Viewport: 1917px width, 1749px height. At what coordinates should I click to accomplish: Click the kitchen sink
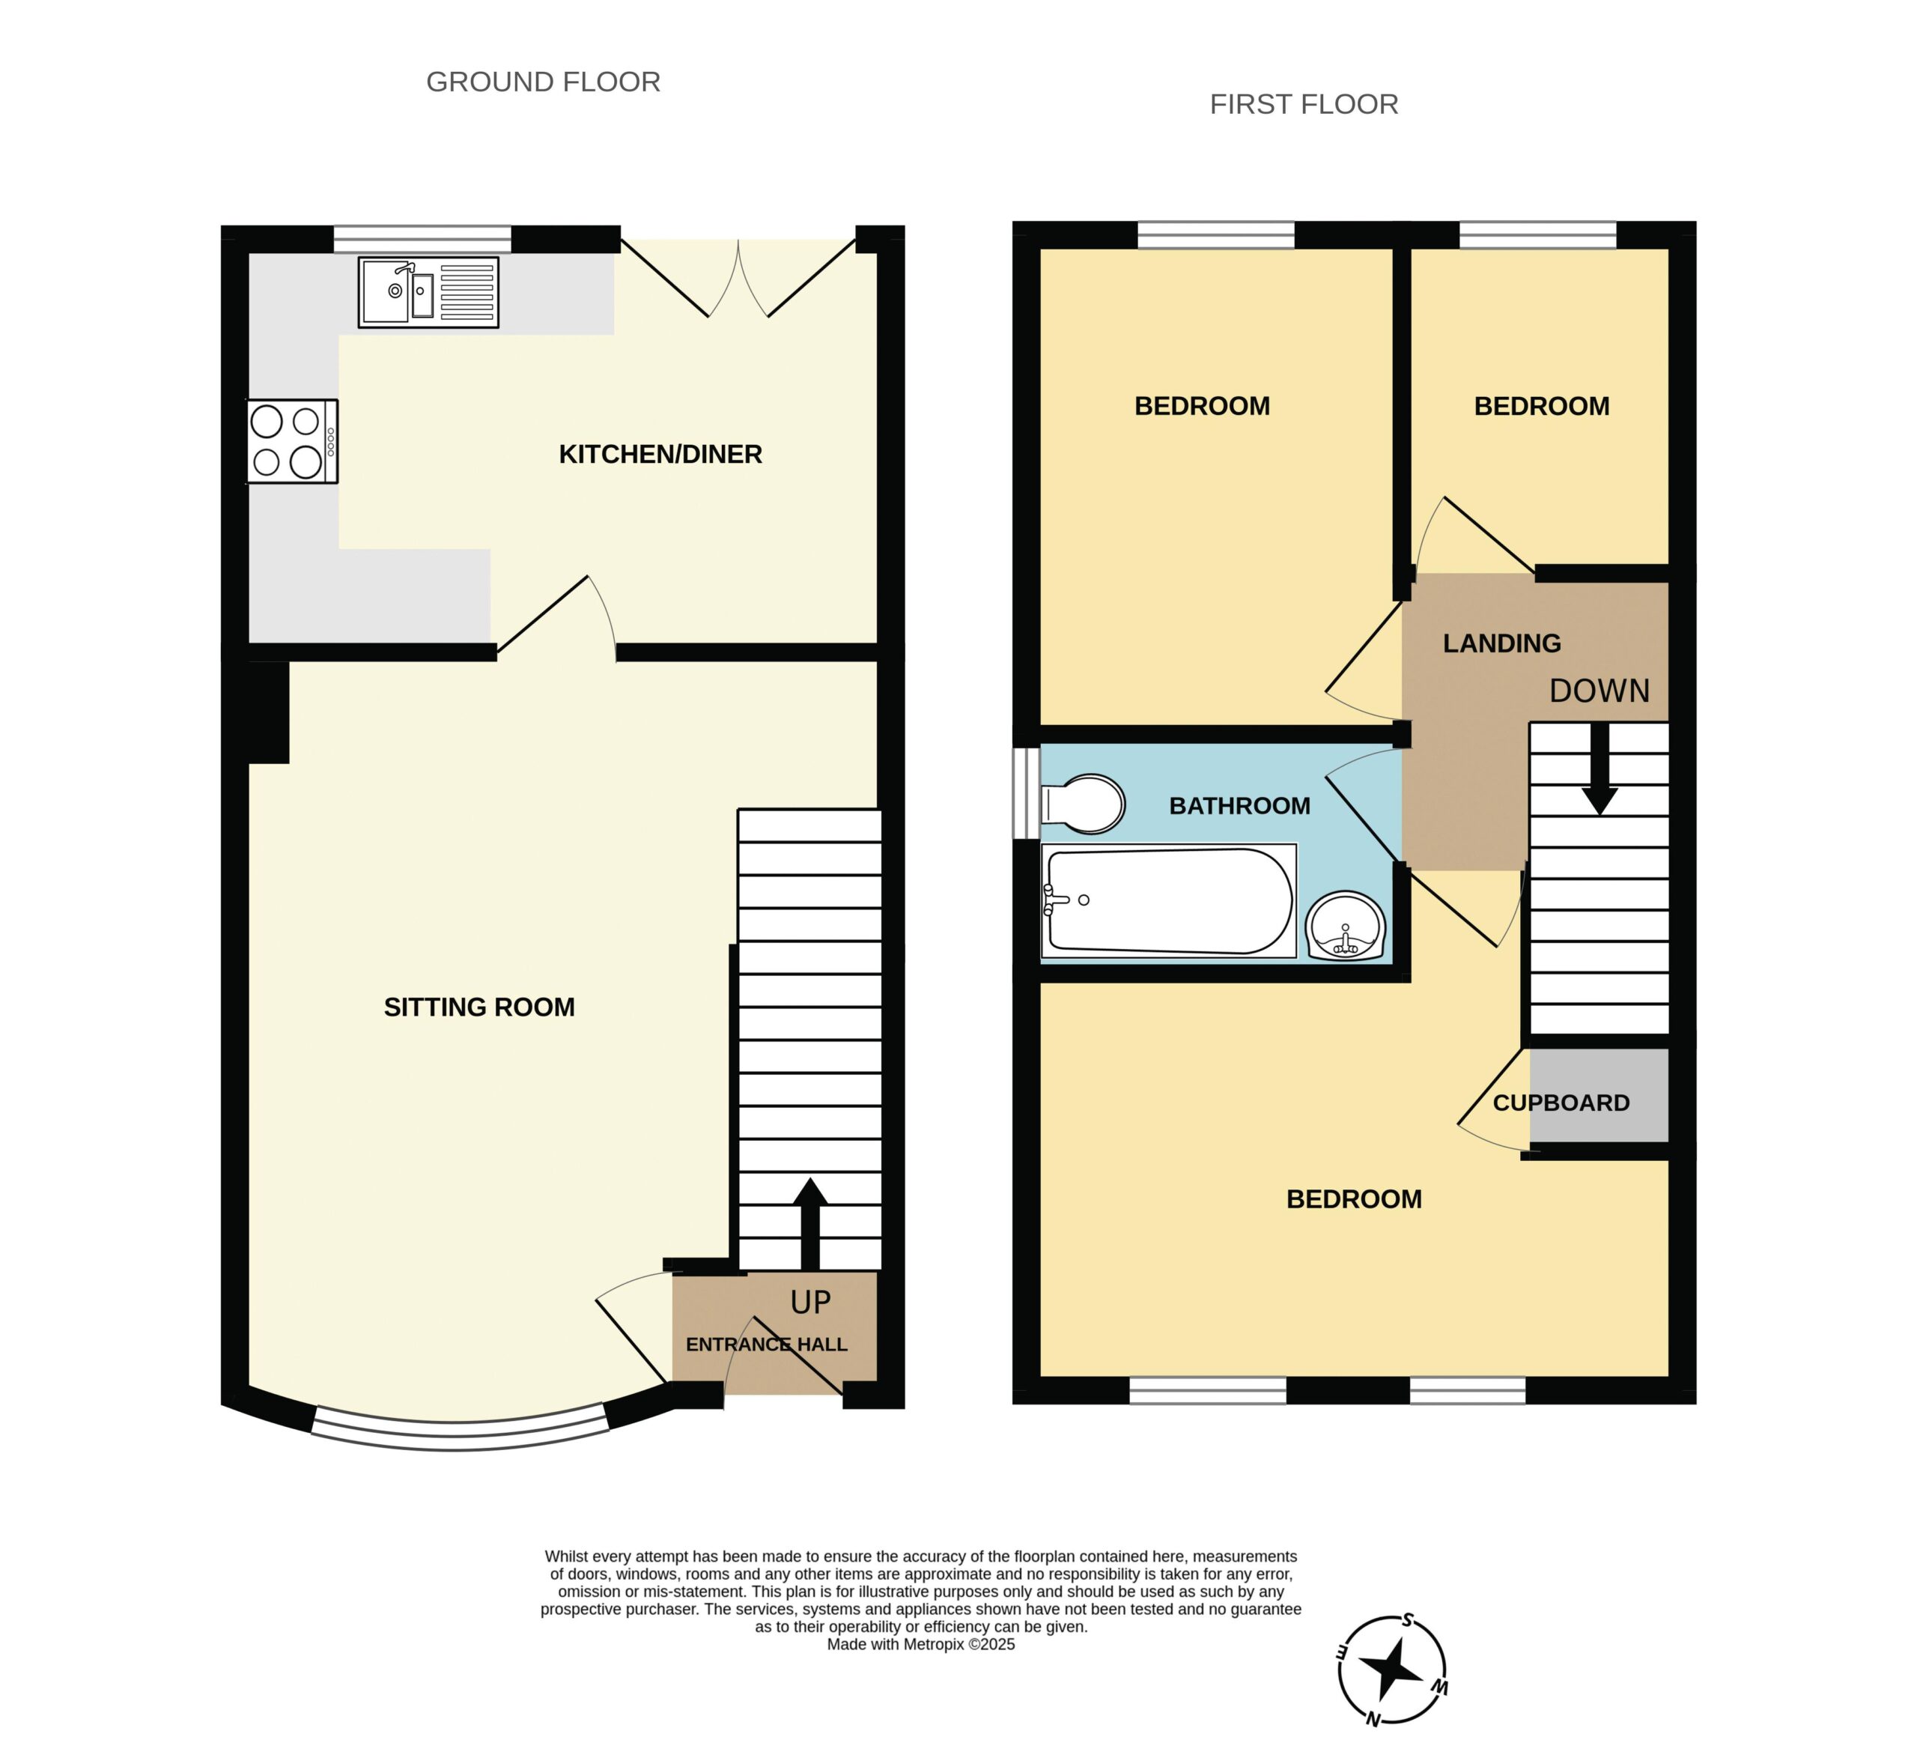(x=428, y=293)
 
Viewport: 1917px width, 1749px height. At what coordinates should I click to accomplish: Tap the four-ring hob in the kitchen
(x=292, y=441)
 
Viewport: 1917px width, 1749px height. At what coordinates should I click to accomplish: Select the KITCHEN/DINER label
(x=660, y=455)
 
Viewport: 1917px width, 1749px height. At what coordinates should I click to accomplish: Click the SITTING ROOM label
(x=479, y=1007)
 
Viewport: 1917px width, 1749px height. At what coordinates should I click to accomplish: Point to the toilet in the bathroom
(x=1083, y=804)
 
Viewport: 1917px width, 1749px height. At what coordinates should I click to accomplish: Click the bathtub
(x=1169, y=900)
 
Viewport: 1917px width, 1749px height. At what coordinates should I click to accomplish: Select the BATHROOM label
(x=1239, y=807)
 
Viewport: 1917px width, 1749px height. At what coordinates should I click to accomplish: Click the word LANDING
(x=1501, y=644)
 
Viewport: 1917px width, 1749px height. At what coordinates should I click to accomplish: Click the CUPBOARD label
(x=1561, y=1103)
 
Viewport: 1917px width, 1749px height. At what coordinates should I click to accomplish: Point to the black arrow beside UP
(x=810, y=1224)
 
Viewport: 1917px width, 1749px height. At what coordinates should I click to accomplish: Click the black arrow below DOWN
(x=1600, y=769)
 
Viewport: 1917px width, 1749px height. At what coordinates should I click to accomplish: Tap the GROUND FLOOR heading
(x=543, y=82)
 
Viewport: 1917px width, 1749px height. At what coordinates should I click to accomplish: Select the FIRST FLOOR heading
(x=1304, y=105)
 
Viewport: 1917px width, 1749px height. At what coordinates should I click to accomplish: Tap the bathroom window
(x=1025, y=793)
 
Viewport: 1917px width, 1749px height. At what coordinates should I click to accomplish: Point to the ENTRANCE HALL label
(x=766, y=1345)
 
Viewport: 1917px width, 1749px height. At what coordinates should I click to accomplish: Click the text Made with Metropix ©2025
(x=920, y=1644)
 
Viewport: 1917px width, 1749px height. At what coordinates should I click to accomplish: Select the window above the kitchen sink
(x=422, y=239)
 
